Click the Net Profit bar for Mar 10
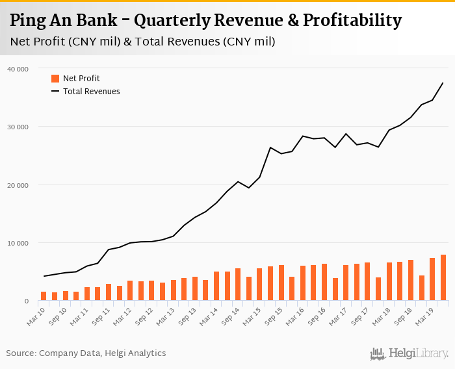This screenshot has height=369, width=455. point(44,296)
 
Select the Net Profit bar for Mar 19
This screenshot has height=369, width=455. point(432,280)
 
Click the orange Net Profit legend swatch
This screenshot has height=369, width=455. point(55,79)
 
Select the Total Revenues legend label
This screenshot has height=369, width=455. point(91,92)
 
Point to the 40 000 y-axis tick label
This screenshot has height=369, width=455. point(18,69)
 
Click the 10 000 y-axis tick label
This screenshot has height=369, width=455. point(18,243)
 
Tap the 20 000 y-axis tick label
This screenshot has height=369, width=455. point(18,185)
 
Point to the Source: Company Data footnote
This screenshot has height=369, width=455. point(86,353)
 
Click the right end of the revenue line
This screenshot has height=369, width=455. point(443,83)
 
